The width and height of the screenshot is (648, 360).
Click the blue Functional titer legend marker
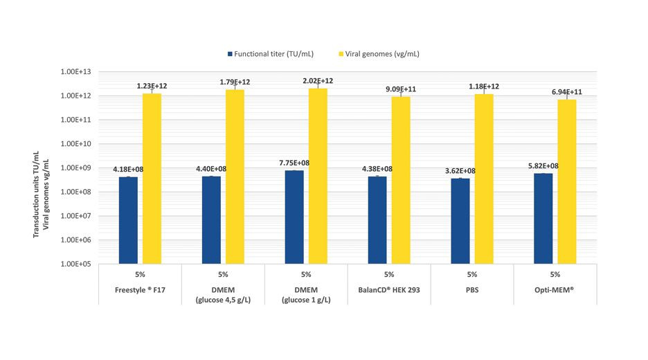(229, 54)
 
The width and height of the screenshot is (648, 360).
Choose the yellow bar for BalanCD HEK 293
(401, 180)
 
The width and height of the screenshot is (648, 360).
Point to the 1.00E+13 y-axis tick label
(78, 71)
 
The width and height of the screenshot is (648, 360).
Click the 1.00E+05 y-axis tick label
(78, 264)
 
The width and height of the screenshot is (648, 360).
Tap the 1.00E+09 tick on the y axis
(78, 168)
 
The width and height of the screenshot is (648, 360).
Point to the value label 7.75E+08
(294, 163)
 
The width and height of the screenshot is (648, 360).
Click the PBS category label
(472, 289)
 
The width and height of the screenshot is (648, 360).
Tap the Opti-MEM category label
(555, 289)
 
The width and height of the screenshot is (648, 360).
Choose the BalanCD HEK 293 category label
(389, 289)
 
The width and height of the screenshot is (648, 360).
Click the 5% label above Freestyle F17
(140, 274)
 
